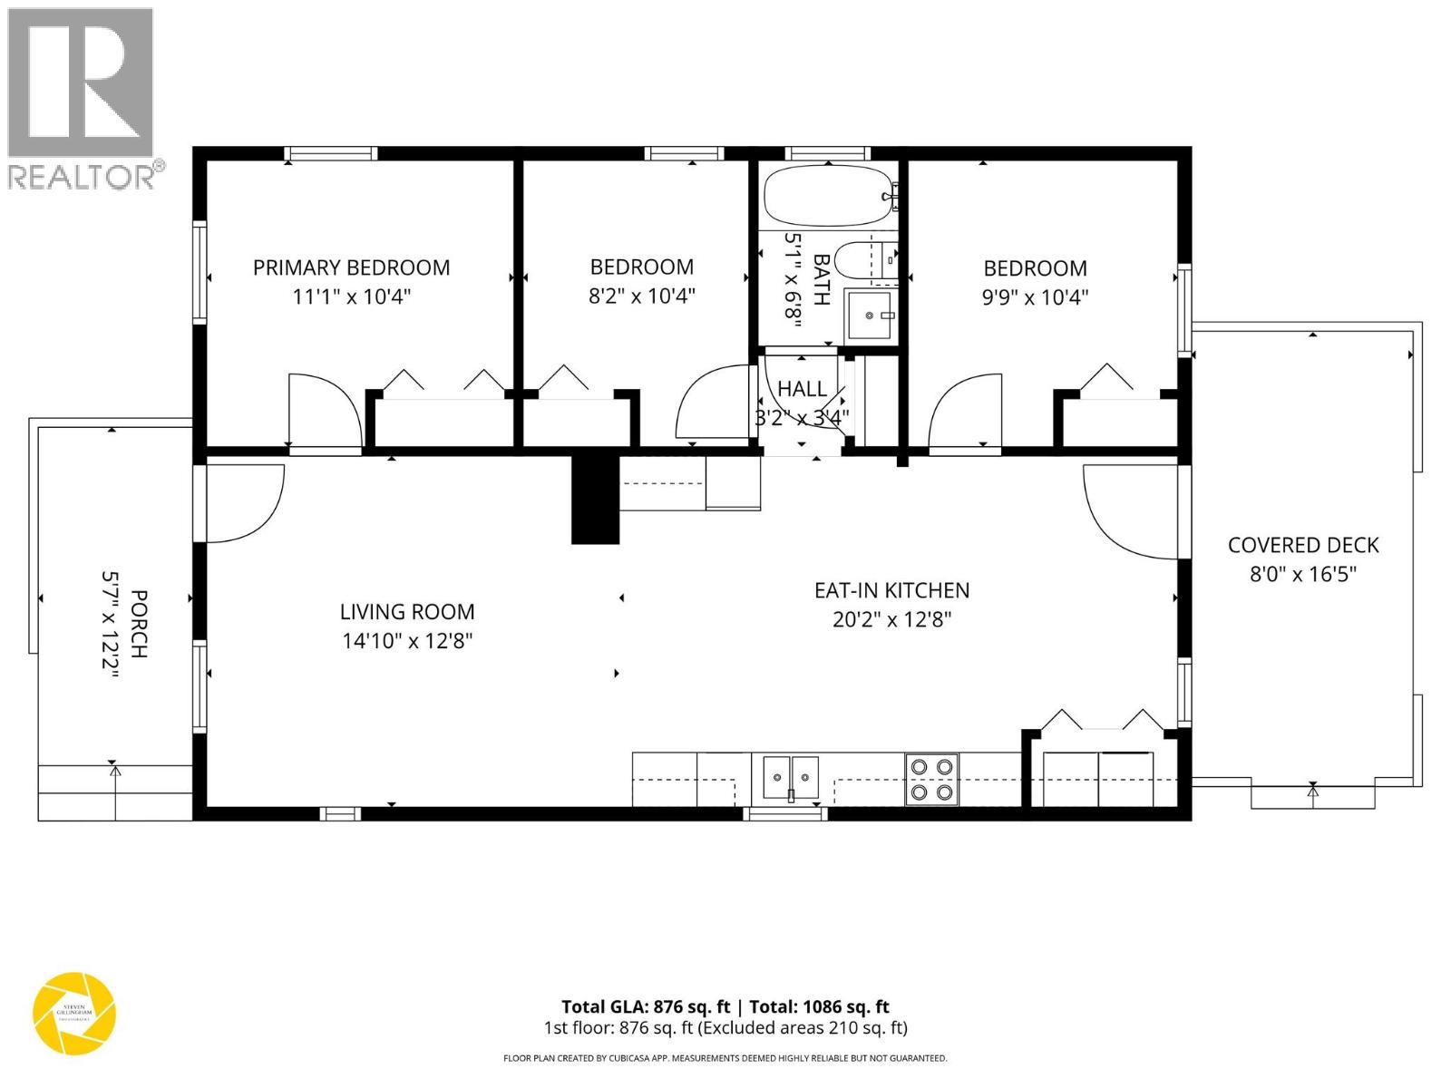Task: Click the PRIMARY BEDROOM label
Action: coord(351,267)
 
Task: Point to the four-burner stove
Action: coord(932,780)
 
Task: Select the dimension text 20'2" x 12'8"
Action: coord(891,619)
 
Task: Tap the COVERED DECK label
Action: coord(1303,545)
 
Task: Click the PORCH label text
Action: coord(139,624)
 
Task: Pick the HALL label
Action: coord(802,389)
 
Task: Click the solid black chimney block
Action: coord(594,500)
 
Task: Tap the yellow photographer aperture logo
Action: coord(74,1013)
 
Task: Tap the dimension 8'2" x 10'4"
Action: coord(641,296)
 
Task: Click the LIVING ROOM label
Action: coord(407,612)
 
